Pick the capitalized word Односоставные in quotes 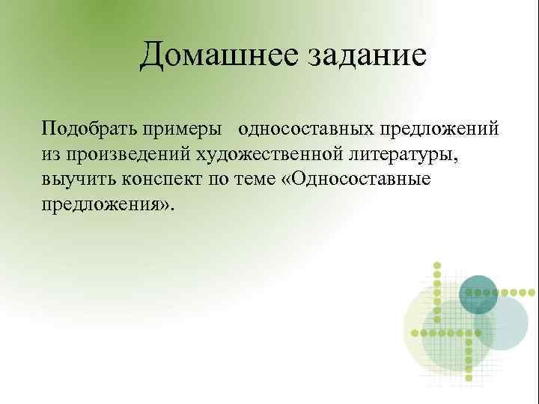(364, 179)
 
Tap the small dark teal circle (478, 293)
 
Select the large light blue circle (502, 323)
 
